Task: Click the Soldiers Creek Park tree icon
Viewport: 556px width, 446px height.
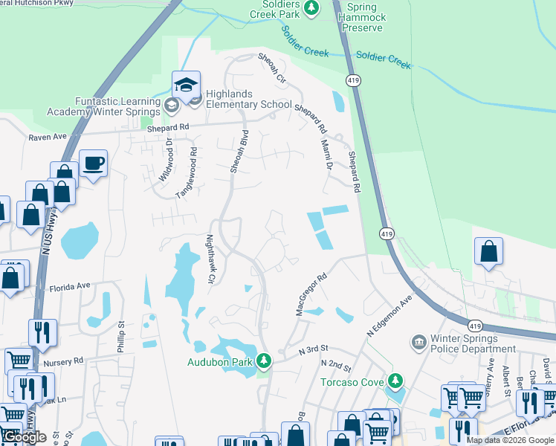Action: tap(313, 7)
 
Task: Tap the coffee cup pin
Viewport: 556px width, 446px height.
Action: tap(94, 164)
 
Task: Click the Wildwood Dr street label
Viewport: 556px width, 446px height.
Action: tap(165, 161)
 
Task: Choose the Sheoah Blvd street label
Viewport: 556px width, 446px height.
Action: tap(238, 152)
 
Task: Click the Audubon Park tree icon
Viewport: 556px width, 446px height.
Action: tap(263, 361)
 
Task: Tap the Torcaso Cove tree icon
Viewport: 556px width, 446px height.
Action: tap(395, 381)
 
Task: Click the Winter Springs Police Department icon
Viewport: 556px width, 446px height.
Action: tap(418, 343)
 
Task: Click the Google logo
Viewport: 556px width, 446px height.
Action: tap(25, 438)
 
